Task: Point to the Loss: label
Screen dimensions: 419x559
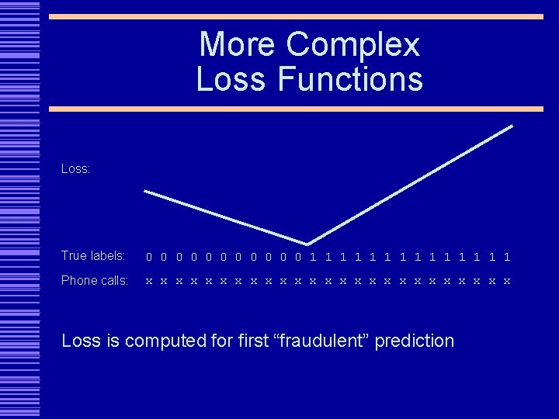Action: click(x=76, y=168)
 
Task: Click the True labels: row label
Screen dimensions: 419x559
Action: click(x=93, y=256)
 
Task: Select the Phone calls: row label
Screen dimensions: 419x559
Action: click(x=95, y=281)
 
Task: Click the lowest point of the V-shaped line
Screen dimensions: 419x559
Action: click(x=307, y=244)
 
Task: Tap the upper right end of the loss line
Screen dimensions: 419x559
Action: click(x=512, y=126)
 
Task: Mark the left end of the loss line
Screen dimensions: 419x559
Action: click(x=146, y=191)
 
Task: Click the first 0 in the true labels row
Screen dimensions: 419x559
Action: click(x=150, y=257)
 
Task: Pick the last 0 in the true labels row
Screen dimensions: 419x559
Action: click(x=298, y=257)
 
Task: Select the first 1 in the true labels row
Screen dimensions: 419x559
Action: click(x=313, y=257)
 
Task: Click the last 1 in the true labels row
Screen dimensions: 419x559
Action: click(x=507, y=257)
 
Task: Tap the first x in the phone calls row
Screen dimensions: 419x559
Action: click(x=150, y=282)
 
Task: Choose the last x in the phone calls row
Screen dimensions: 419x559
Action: click(x=507, y=282)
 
